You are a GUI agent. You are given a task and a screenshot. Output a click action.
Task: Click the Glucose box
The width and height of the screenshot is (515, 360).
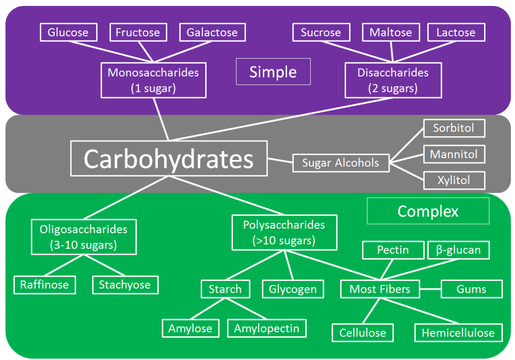coord(68,33)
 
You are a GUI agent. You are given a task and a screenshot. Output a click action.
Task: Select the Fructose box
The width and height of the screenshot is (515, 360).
coord(138,33)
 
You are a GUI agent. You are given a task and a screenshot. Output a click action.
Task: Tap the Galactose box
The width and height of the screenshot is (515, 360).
coord(212,33)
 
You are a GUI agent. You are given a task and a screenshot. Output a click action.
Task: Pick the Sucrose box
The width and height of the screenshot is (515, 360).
coord(320,33)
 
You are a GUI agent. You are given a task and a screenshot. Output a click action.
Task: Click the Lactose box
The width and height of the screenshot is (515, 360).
coord(456,33)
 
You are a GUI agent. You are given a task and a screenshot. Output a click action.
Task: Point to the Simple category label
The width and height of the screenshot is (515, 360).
coord(273,72)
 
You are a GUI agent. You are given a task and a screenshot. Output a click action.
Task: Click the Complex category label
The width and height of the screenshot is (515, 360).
coord(428,211)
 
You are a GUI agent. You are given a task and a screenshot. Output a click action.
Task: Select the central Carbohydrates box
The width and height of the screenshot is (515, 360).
coord(168,159)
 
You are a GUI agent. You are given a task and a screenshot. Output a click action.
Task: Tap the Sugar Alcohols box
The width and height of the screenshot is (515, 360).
coord(341,163)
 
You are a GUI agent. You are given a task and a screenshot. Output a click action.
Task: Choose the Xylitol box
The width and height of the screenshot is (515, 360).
coord(454,180)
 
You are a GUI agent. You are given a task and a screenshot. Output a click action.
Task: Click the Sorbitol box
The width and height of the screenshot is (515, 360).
coord(454,128)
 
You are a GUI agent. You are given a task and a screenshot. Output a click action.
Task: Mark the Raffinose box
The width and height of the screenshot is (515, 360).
coord(45,285)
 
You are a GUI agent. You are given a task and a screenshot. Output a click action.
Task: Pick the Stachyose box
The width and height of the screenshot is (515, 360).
coord(125,285)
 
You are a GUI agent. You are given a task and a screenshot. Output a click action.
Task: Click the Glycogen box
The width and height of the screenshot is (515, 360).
coord(292,289)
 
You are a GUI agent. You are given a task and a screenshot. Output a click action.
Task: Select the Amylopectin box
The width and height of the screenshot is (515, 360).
coord(267,328)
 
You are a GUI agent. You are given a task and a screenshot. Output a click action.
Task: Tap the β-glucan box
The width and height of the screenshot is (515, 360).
coord(458,250)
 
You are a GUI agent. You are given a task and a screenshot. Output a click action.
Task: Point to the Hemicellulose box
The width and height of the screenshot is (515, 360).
coord(458,333)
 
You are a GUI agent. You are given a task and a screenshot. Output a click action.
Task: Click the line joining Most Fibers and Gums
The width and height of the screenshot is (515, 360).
coord(430,289)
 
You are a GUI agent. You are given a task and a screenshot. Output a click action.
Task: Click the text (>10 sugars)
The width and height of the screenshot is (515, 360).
coord(284,240)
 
